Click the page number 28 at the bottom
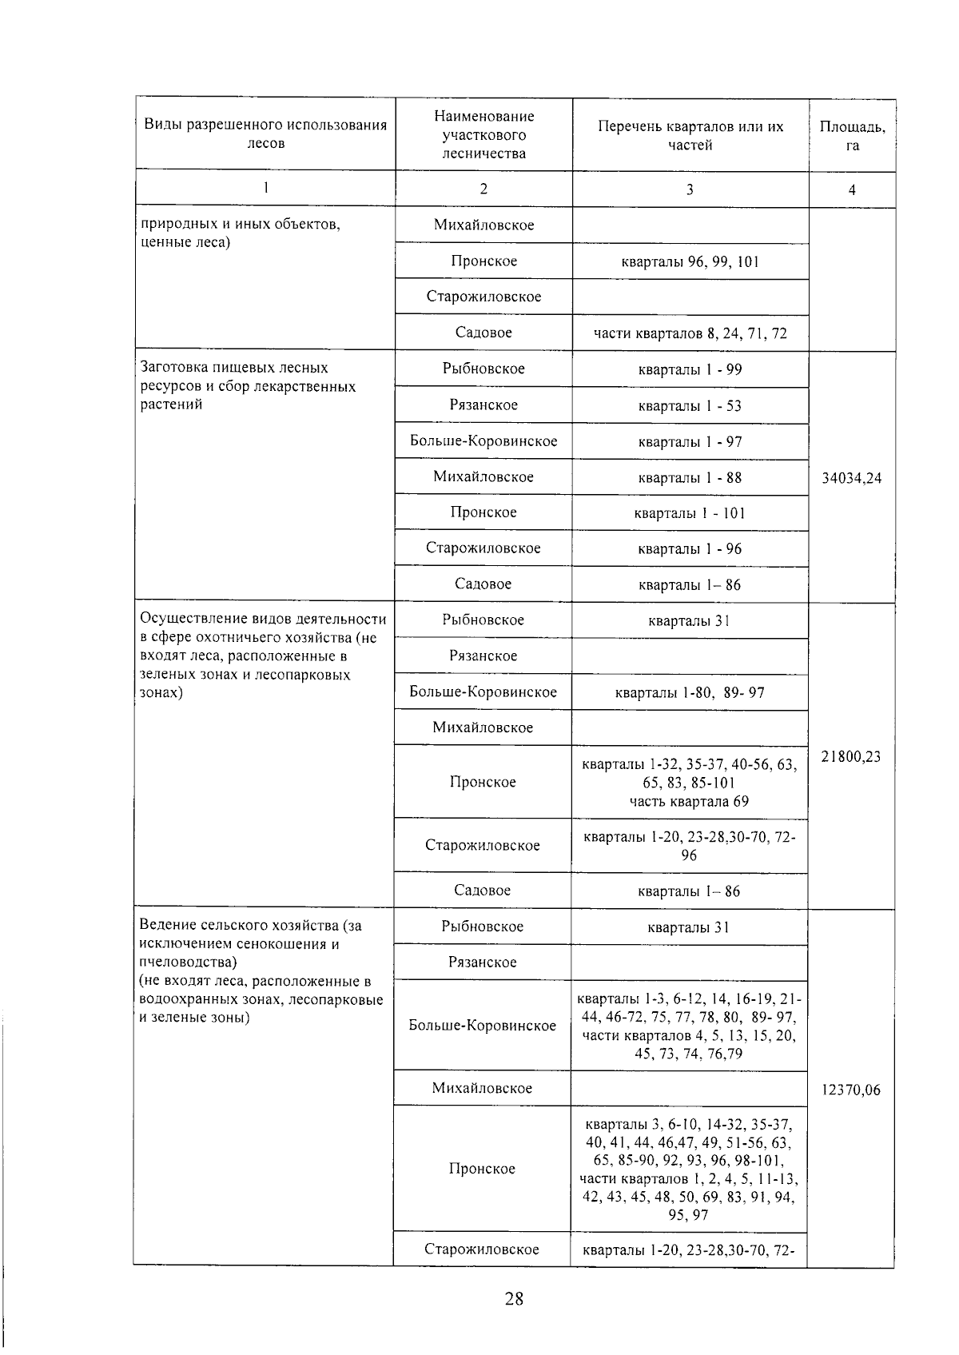(x=514, y=1298)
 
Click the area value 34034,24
(x=851, y=478)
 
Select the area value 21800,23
(x=851, y=756)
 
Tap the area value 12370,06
(x=851, y=1089)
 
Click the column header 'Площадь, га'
(x=852, y=136)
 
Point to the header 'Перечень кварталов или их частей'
(x=690, y=136)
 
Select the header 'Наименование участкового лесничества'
(x=483, y=135)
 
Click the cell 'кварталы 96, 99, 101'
(x=690, y=261)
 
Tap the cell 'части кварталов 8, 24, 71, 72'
(x=690, y=333)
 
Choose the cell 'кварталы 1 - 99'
(x=690, y=369)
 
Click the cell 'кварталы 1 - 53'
(x=690, y=405)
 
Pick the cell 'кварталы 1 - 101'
(x=690, y=513)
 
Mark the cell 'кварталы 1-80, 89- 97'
(x=690, y=692)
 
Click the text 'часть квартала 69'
(x=690, y=801)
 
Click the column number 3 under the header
(x=690, y=189)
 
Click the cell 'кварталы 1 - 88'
(x=690, y=477)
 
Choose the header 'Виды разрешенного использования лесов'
(x=265, y=134)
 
